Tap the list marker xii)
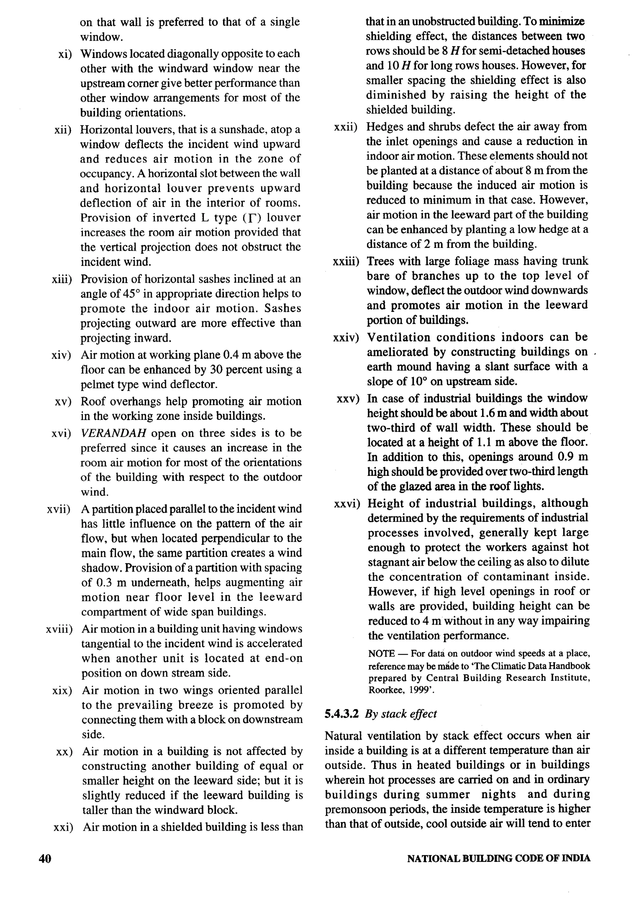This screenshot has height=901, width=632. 63,130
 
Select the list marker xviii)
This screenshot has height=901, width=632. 59,629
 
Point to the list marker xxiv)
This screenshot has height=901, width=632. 346,337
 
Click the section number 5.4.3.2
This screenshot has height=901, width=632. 342,714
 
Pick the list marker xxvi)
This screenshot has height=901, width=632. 347,503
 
